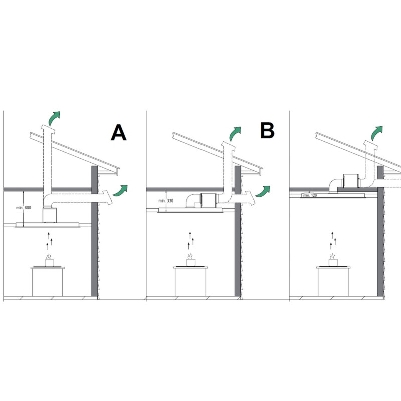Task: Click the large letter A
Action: click(x=119, y=132)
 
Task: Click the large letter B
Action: click(x=267, y=130)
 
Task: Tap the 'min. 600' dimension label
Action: click(x=24, y=208)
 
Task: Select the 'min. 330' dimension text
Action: click(x=166, y=201)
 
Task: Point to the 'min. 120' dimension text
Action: click(x=310, y=195)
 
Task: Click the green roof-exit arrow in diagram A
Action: click(x=54, y=118)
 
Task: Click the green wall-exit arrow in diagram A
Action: click(x=120, y=191)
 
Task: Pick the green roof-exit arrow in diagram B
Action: click(x=235, y=134)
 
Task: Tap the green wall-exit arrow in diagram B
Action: click(x=263, y=192)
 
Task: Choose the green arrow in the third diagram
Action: click(x=377, y=133)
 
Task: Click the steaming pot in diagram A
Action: click(x=49, y=260)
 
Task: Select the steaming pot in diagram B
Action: click(x=191, y=260)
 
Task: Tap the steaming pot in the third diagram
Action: click(x=333, y=260)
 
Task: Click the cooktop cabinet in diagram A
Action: click(x=48, y=282)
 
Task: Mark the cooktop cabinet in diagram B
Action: click(x=190, y=281)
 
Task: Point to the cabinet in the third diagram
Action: click(x=333, y=281)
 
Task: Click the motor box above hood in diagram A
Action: click(x=50, y=215)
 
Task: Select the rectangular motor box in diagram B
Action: click(x=209, y=200)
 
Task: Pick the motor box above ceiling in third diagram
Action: click(x=351, y=180)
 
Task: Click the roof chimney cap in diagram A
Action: click(x=48, y=129)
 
